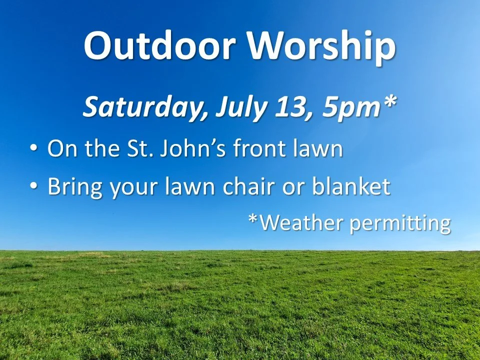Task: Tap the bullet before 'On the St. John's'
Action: (x=33, y=148)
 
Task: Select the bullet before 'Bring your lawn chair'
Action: (x=33, y=186)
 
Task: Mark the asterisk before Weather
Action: (x=254, y=218)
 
